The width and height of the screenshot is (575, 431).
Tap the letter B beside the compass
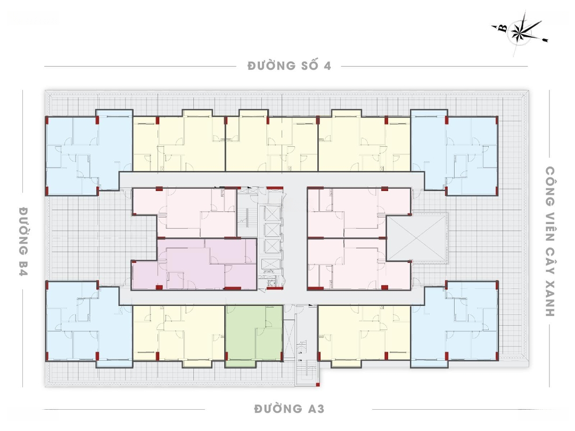[x=503, y=28]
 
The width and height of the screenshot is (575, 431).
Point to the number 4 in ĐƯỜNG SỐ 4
[x=327, y=65]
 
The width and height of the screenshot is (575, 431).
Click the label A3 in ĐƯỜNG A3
[x=316, y=408]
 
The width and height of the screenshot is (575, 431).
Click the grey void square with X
[x=418, y=238]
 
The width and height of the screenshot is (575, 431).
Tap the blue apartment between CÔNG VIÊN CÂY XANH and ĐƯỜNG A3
[x=455, y=324]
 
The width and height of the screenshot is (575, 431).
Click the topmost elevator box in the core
[x=272, y=213]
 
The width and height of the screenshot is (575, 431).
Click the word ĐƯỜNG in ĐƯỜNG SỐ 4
[x=272, y=65]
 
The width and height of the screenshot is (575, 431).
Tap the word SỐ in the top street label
[x=309, y=65]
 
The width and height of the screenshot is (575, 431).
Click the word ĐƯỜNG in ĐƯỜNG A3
[x=278, y=408]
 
